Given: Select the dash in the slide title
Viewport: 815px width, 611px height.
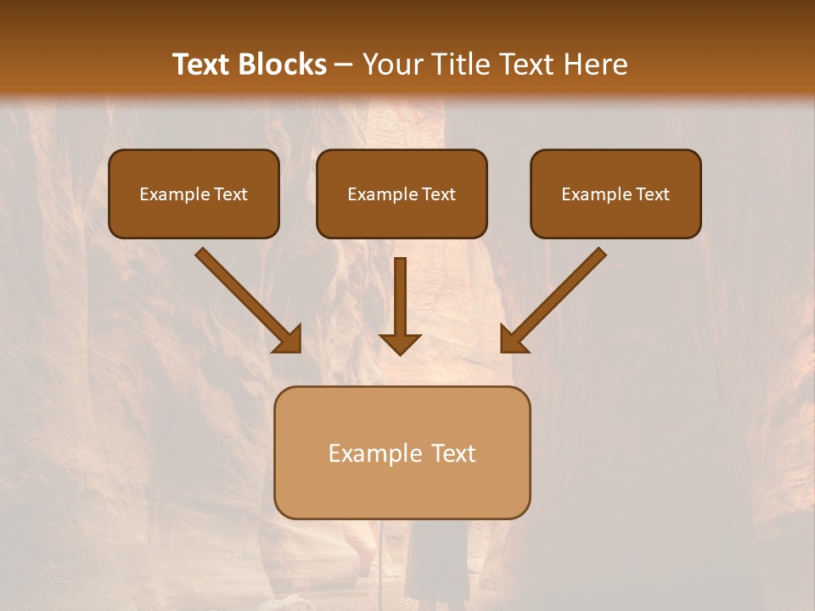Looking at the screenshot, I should [344, 64].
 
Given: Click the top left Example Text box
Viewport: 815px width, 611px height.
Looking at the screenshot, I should [194, 194].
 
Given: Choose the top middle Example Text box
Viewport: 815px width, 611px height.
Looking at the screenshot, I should [402, 194].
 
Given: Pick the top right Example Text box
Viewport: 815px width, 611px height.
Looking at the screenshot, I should [615, 194].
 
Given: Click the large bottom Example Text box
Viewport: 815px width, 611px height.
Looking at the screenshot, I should [402, 452].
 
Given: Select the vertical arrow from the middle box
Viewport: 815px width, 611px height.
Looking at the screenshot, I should [400, 297].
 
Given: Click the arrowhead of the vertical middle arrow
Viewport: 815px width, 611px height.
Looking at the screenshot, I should [400, 343].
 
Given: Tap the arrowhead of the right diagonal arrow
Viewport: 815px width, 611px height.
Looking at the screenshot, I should [514, 339].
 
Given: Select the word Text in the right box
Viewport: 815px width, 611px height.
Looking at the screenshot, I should [652, 194].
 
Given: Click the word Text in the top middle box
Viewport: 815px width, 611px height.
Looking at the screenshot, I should [439, 194].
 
